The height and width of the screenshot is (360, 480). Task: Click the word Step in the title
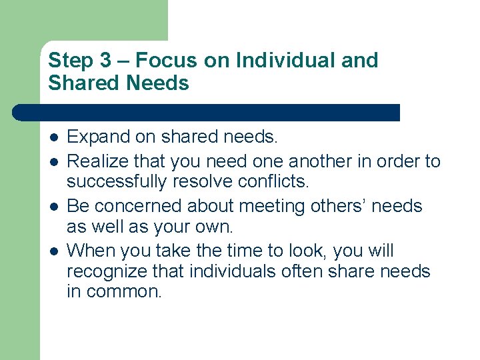71,61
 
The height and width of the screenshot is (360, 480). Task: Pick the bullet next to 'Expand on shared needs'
53,137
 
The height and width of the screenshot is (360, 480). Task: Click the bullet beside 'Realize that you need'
53,161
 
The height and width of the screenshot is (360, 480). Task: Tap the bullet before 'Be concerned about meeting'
53,206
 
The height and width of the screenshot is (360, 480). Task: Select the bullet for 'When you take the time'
53,251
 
